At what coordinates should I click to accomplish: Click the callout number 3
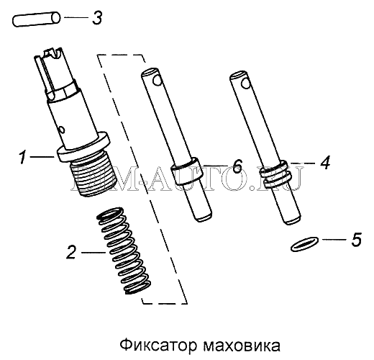point(97,17)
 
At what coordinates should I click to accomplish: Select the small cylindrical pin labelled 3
point(36,19)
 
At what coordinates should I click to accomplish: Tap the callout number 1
point(22,157)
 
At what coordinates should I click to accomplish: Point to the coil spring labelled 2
point(124,251)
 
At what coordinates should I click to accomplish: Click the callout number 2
point(71,252)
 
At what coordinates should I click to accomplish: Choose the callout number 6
point(237,166)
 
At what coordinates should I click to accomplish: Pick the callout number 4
point(325,163)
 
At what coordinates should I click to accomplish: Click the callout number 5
point(356,239)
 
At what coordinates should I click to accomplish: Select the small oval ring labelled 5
point(304,244)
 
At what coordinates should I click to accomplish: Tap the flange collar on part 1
point(83,147)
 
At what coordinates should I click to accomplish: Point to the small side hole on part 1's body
point(62,130)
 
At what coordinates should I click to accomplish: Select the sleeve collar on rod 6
point(186,171)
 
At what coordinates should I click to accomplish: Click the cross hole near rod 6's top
point(158,80)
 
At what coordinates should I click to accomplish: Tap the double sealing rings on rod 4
point(276,174)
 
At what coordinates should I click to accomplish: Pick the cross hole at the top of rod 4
point(246,84)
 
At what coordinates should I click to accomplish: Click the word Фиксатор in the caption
point(158,346)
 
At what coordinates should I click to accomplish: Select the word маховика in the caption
point(242,346)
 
